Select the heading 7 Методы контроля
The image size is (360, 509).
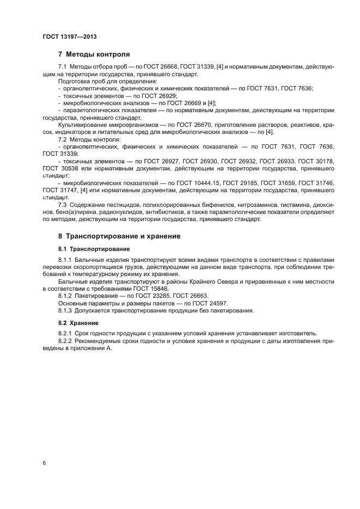[94, 54]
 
